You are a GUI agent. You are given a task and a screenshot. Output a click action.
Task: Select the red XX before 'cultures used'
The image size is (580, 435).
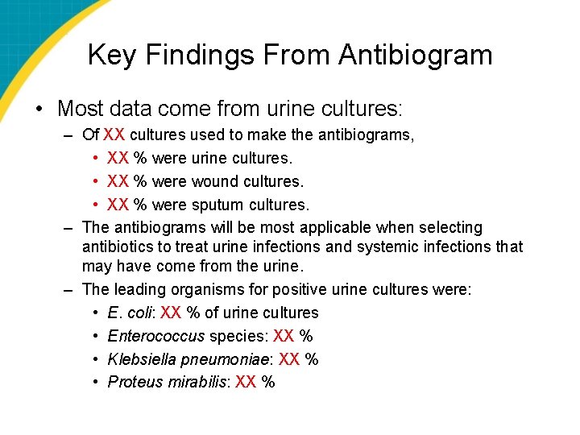tap(114, 135)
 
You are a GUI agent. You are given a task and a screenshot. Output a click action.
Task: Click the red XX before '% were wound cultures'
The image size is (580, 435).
tap(118, 181)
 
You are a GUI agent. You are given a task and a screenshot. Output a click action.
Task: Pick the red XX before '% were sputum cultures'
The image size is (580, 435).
tap(118, 205)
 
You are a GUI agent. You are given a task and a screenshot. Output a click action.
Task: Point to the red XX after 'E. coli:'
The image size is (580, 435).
tap(170, 313)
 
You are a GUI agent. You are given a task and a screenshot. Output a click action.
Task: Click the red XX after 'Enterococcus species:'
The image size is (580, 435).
tap(283, 336)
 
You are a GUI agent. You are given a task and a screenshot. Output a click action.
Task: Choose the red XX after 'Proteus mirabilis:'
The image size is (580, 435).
tap(246, 382)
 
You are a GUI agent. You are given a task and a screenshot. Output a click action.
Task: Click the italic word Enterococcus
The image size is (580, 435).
tap(156, 336)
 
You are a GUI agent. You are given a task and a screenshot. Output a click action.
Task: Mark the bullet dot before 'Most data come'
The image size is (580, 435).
tap(39, 109)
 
